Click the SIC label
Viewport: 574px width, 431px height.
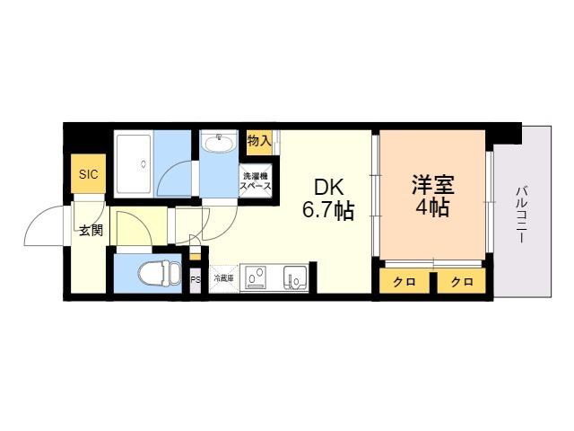[x=89, y=174]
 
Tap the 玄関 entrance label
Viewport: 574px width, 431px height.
[x=91, y=231]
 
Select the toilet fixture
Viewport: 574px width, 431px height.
[x=160, y=273]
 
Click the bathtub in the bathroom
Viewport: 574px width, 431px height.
[x=134, y=163]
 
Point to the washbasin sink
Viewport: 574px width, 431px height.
[x=219, y=144]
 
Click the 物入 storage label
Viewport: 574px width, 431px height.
[x=259, y=140]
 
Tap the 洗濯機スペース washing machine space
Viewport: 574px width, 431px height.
[x=256, y=181]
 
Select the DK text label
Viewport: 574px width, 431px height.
[x=329, y=188]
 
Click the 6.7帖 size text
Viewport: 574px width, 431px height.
[x=328, y=211]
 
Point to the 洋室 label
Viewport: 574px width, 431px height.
[x=433, y=185]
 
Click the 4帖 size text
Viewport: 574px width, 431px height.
[x=432, y=207]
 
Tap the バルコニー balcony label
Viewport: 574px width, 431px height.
[x=522, y=215]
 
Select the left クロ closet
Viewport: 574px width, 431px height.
[x=404, y=281]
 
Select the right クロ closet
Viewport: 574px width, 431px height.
[x=462, y=281]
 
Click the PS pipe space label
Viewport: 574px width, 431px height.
[x=196, y=280]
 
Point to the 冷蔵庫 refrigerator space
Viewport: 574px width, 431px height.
[x=224, y=278]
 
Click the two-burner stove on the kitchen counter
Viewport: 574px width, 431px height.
[x=256, y=277]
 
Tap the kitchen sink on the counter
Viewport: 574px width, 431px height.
[x=295, y=277]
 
